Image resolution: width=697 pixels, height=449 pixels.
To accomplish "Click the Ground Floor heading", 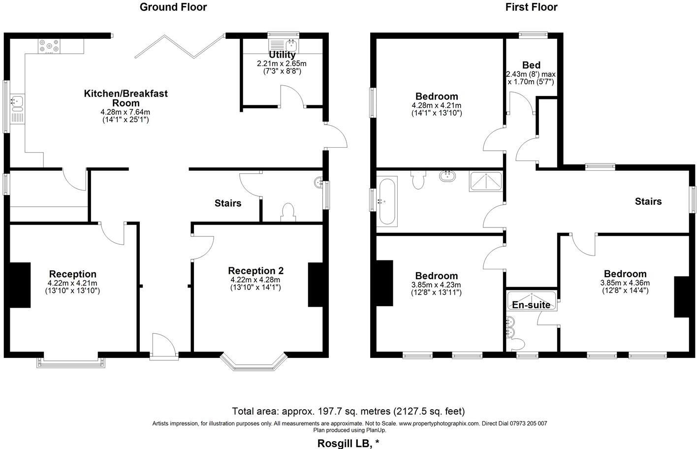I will click(x=173, y=7).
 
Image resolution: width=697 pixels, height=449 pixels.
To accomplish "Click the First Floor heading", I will click(x=531, y=7).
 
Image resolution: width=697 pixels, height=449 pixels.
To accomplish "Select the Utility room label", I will click(x=282, y=55).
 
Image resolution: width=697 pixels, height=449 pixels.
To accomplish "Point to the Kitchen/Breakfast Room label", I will click(x=126, y=98).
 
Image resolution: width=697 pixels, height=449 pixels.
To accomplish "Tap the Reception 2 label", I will click(x=255, y=271).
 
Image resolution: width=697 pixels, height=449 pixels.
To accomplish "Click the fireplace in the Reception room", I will click(x=20, y=286).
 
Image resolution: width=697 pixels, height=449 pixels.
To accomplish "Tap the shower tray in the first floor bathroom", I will click(x=486, y=181).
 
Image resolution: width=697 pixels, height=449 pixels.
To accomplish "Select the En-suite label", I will click(x=531, y=305).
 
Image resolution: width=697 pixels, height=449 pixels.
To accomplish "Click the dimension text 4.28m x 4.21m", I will click(x=436, y=105).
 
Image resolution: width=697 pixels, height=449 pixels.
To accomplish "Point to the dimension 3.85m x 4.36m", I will click(x=625, y=283).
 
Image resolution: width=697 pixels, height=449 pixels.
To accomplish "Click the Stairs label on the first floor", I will click(x=648, y=201).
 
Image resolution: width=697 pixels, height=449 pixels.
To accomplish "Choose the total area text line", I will click(x=348, y=411).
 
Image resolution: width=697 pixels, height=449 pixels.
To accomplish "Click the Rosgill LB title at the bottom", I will click(x=348, y=443).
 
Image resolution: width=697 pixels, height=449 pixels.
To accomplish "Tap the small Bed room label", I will click(x=531, y=65).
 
